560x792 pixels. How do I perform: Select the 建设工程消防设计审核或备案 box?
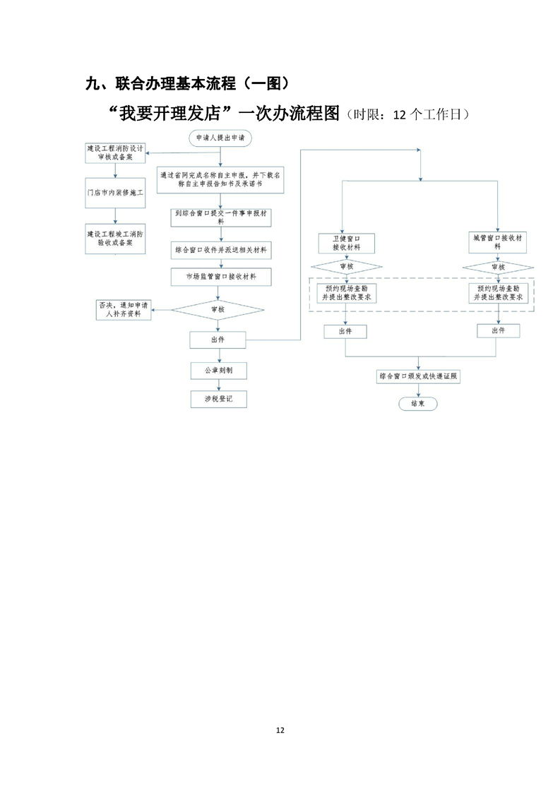pos(114,153)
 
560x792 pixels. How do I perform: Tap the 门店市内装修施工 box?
pos(114,192)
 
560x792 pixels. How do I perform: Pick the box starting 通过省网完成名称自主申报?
pos(221,177)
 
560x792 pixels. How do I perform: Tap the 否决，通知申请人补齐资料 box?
pos(124,309)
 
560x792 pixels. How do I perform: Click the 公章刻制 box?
pos(218,370)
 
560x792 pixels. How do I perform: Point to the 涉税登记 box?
pos(218,400)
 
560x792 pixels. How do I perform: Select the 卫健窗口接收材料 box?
pos(347,243)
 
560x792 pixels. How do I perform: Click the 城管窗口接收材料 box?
pos(499,242)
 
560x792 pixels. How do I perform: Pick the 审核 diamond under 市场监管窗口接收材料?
pos(218,309)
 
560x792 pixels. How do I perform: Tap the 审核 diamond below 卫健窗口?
pos(347,267)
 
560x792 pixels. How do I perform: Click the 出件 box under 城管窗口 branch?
pos(499,330)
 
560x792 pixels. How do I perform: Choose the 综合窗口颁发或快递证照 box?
pos(419,377)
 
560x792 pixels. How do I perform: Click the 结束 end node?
pos(417,404)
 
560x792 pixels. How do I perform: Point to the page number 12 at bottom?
pos(280,730)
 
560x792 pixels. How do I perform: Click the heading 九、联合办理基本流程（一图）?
pos(187,84)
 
